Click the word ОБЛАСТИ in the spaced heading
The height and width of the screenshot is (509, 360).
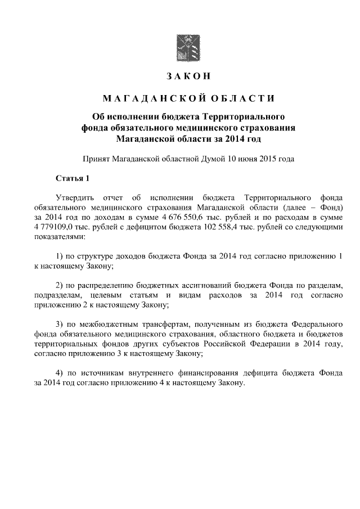[x=243, y=99]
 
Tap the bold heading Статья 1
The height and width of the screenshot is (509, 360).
[x=73, y=179]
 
